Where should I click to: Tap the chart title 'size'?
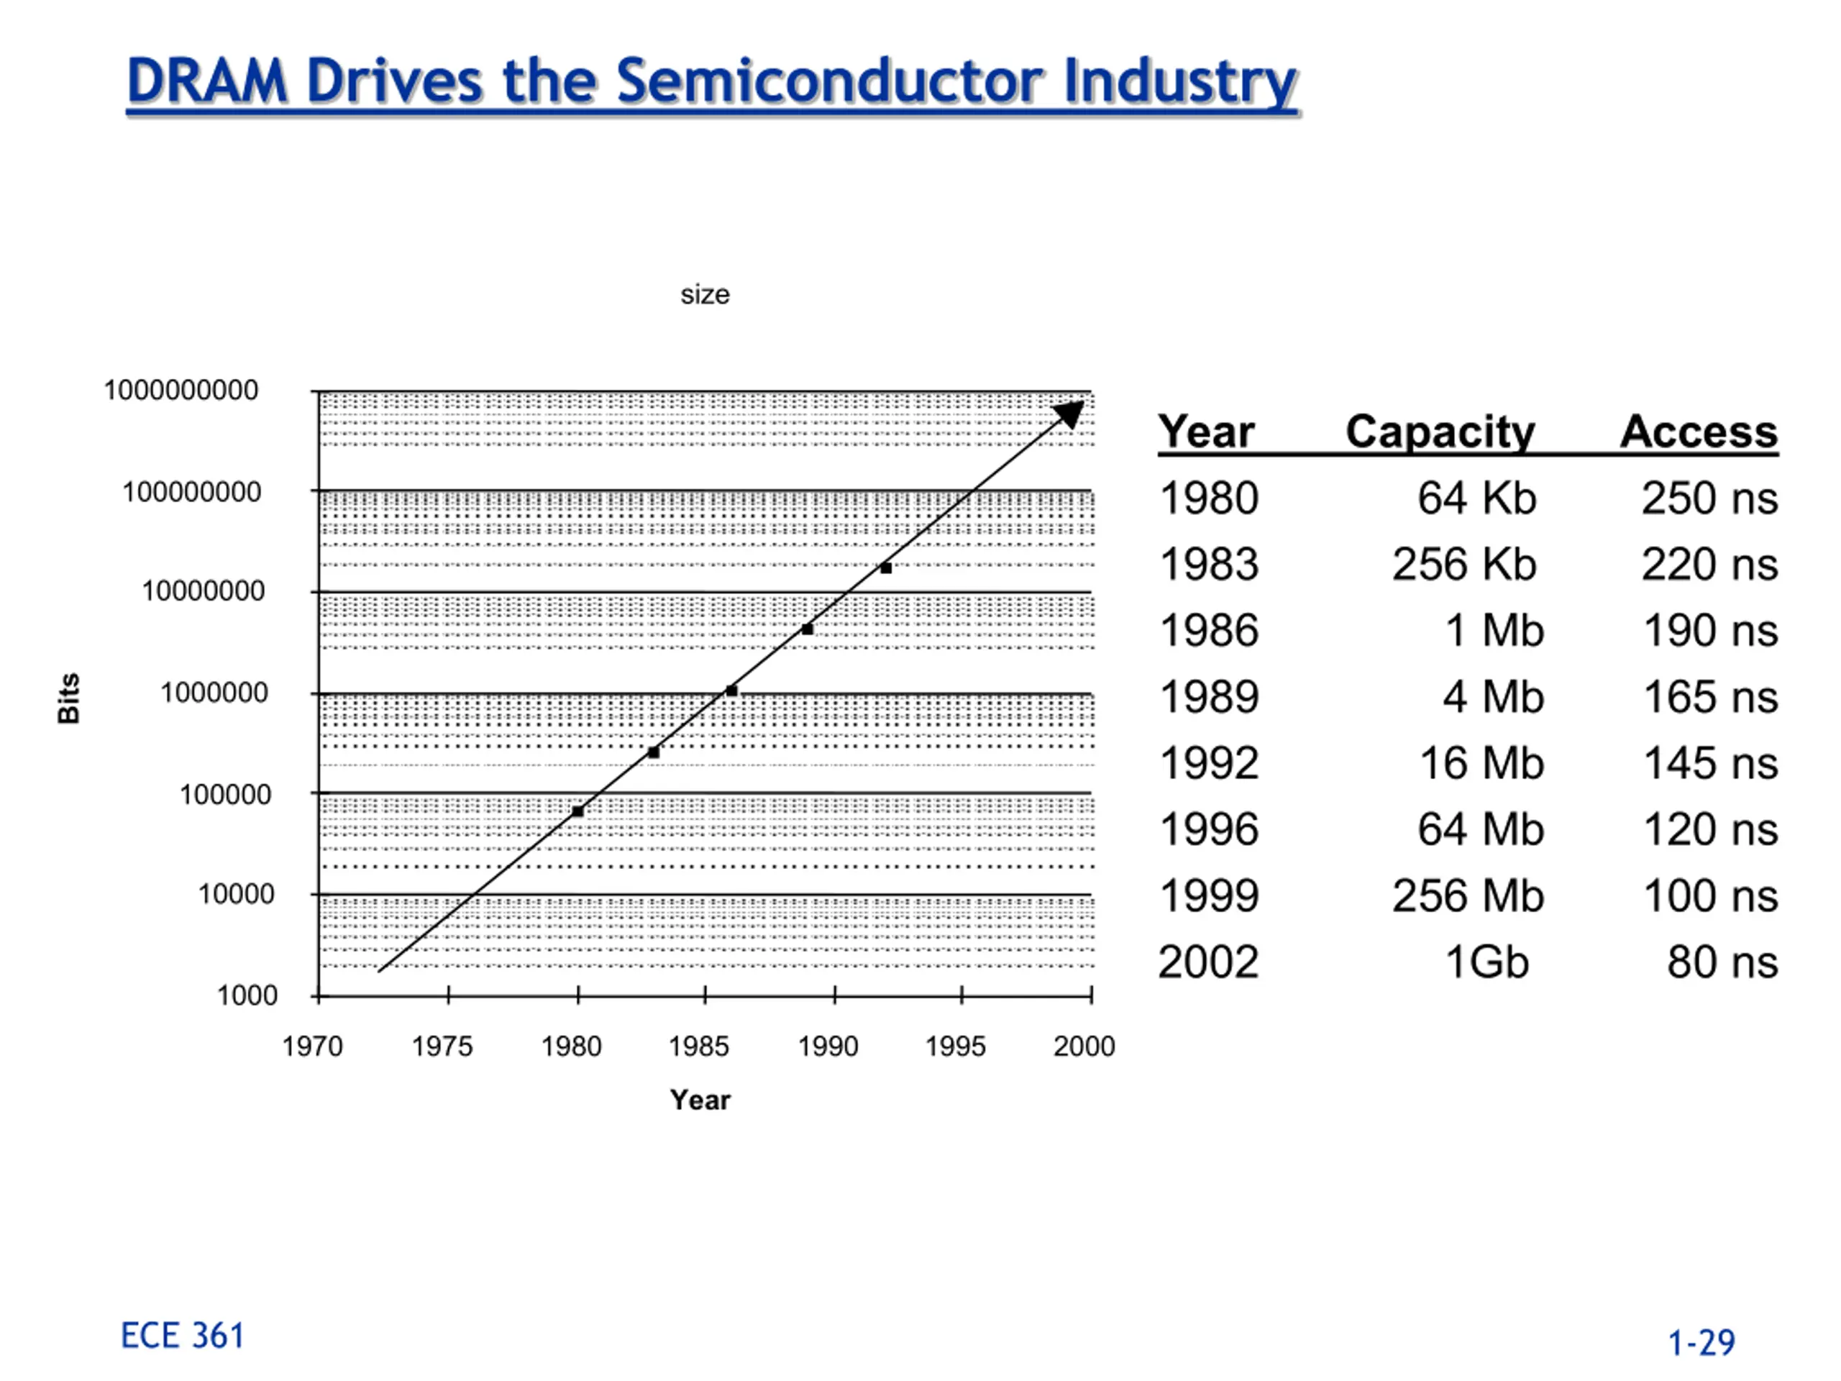(x=705, y=295)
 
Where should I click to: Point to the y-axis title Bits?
(x=69, y=698)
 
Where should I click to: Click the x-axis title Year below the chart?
(x=700, y=1100)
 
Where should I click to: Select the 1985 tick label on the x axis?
(x=699, y=1047)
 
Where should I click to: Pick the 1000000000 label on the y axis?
(x=181, y=390)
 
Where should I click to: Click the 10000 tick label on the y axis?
(x=237, y=894)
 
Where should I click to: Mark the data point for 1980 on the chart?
(x=577, y=811)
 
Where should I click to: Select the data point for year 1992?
(x=887, y=568)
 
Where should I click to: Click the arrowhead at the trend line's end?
(x=1070, y=414)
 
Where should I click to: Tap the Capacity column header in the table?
(x=1440, y=433)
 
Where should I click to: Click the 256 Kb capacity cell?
(x=1464, y=565)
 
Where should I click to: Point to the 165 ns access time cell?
(x=1711, y=697)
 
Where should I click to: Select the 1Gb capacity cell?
(x=1487, y=962)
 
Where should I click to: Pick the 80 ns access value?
(x=1723, y=962)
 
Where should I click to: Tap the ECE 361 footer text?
(x=183, y=1336)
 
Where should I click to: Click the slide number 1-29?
(x=1702, y=1343)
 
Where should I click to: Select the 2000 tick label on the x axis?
(x=1084, y=1047)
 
